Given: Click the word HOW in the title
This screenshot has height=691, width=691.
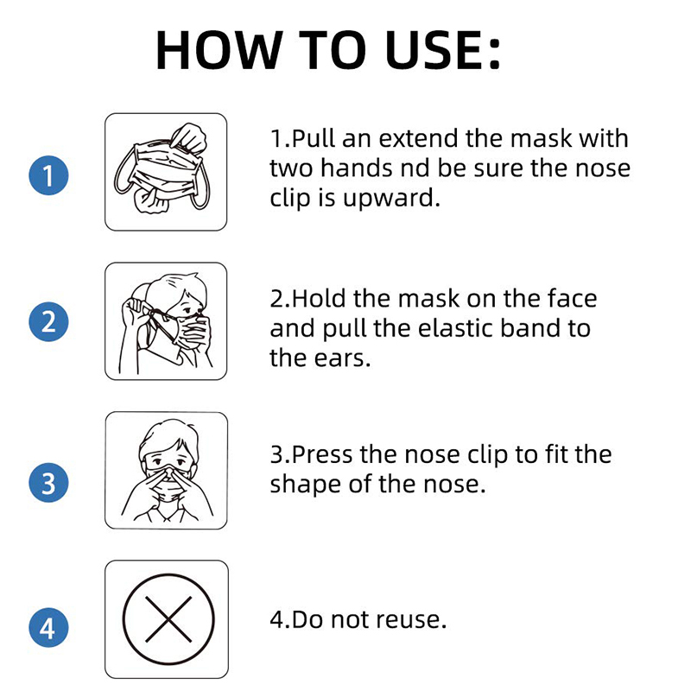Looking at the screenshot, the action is point(219,50).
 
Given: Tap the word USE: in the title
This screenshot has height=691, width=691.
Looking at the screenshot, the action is point(443,50).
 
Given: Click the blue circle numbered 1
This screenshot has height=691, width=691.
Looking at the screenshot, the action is point(48,175).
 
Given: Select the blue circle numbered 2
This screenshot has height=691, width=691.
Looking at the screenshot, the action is point(48,321).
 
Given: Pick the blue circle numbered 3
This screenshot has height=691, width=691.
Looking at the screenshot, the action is point(48,482).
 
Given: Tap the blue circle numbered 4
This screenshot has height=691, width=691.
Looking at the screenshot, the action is point(48,627).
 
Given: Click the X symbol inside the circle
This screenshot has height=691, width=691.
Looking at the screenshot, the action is point(168,619).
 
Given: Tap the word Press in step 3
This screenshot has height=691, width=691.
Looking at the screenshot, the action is point(321,454).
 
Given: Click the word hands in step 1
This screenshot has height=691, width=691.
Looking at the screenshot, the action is point(356,168).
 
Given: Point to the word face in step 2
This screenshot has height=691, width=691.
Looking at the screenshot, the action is point(572,298).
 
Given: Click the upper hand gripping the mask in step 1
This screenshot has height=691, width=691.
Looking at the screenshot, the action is point(188,137).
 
